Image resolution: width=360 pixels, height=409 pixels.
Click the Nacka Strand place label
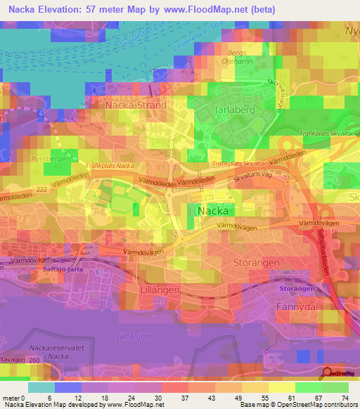point(136,105)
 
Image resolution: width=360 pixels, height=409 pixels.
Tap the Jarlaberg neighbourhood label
point(235,110)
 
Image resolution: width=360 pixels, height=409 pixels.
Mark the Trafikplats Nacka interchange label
point(110,166)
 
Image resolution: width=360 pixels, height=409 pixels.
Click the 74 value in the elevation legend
point(345,398)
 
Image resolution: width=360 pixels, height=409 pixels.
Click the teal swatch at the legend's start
point(42,387)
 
